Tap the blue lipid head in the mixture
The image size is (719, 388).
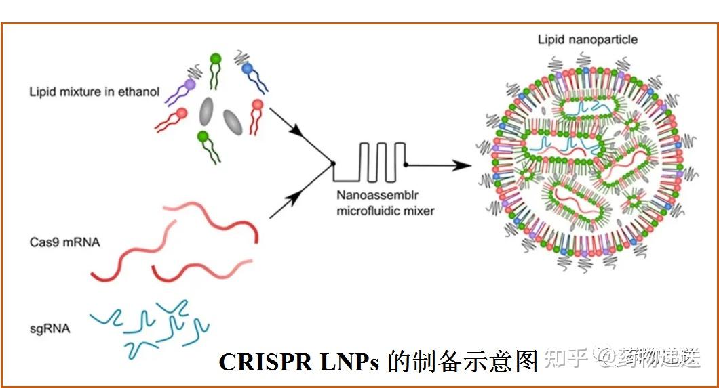click(247, 68)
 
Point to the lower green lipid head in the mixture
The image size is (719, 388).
click(202, 136)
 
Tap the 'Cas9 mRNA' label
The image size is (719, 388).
click(65, 242)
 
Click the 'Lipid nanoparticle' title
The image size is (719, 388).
click(587, 39)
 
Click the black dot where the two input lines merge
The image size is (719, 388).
click(332, 164)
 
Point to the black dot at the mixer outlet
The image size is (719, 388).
click(406, 165)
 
